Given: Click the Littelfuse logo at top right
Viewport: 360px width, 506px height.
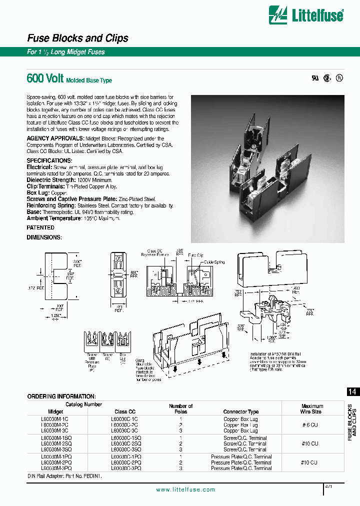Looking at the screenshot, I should [x=306, y=15].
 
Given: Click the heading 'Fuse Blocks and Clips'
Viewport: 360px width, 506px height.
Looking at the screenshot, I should [x=77, y=38].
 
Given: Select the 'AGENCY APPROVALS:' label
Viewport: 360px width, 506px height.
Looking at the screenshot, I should [x=55, y=138].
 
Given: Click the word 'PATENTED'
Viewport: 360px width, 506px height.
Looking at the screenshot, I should [x=40, y=227].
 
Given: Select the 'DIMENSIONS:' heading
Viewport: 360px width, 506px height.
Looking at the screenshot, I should [x=44, y=237].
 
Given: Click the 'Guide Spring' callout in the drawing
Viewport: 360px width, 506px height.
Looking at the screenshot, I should [x=215, y=262].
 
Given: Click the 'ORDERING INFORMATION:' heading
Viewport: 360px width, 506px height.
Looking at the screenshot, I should [x=61, y=396].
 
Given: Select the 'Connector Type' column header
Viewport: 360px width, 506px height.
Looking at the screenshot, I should [x=241, y=412].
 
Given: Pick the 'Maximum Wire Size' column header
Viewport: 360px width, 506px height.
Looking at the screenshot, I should [x=312, y=409].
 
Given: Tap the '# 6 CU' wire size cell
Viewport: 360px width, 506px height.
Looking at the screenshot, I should [x=309, y=424].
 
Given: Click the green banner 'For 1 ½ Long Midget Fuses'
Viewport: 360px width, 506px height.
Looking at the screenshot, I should [x=66, y=52].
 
